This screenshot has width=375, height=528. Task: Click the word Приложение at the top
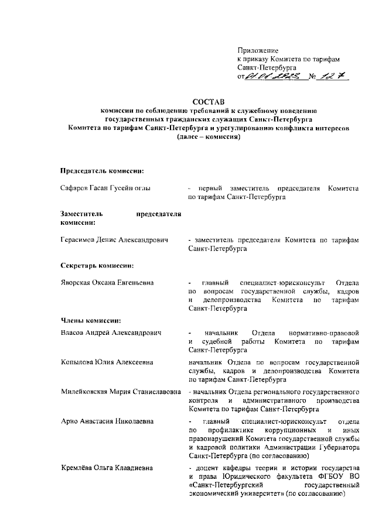[257, 51]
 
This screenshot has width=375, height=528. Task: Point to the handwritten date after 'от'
[275, 76]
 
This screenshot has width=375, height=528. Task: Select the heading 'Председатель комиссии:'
[102, 170]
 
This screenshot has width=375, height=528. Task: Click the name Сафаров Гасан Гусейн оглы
[106, 189]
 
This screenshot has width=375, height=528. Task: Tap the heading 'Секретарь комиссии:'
[97, 265]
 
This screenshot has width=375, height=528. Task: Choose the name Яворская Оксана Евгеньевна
[107, 283]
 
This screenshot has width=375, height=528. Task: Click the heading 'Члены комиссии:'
[91, 320]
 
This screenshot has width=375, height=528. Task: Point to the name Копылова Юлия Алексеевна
[107, 362]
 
